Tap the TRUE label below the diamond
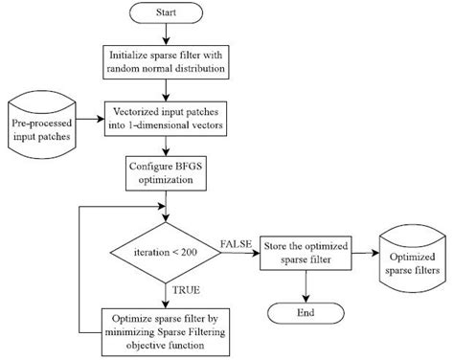coord(184,288)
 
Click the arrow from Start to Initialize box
coord(168,36)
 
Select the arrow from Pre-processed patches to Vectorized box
coord(87,120)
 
